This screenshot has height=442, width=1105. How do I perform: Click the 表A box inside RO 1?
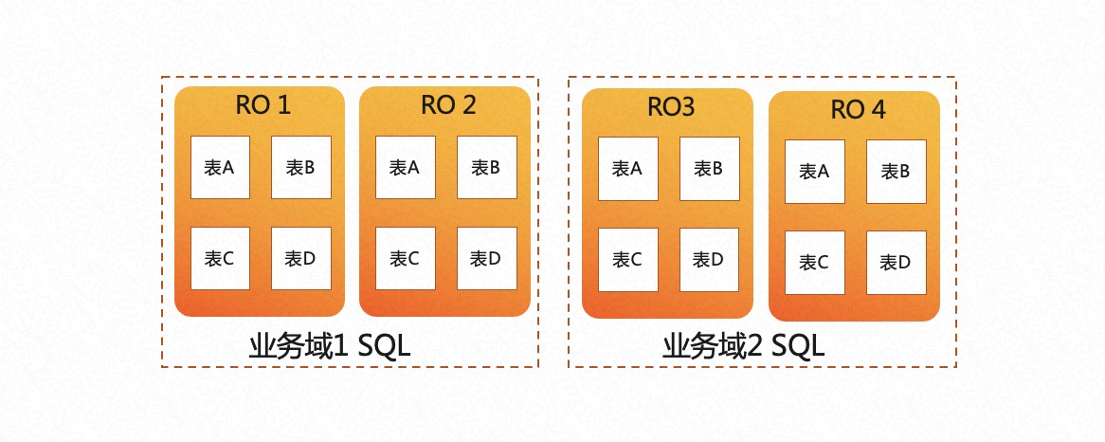[x=220, y=167]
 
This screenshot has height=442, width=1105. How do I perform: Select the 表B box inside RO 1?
[x=301, y=167]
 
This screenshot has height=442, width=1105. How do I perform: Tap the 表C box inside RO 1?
[x=220, y=258]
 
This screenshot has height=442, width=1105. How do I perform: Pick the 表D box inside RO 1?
[x=301, y=258]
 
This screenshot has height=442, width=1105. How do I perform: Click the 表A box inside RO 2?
[x=406, y=167]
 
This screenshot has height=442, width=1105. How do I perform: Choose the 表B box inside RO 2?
[x=487, y=167]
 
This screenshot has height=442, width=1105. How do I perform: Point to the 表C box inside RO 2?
[x=406, y=258]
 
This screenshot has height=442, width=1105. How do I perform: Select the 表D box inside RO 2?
[x=487, y=258]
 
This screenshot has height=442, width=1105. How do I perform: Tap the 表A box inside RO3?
[x=627, y=169]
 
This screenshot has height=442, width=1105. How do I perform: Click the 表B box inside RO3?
[x=709, y=169]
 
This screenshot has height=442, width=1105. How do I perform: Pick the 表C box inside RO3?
[x=627, y=260]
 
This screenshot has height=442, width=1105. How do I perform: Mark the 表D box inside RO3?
[x=709, y=260]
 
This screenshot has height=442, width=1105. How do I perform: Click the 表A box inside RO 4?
[x=815, y=172]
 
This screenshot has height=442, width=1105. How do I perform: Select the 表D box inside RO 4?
[x=897, y=263]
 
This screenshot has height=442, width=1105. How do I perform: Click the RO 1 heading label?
[x=263, y=105]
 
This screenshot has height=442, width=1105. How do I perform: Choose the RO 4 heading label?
[x=858, y=110]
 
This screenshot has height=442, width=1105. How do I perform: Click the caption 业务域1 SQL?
[x=330, y=346]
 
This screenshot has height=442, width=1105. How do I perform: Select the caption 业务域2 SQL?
[x=743, y=346]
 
